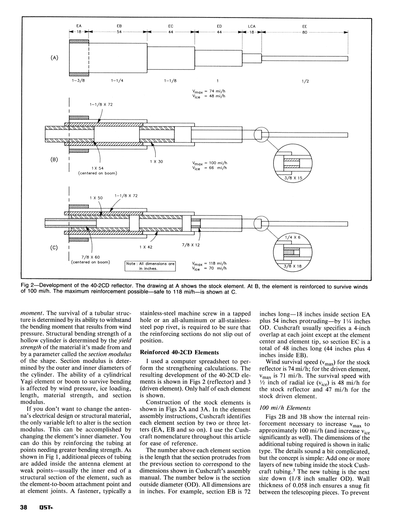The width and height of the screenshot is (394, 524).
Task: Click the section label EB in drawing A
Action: pyautogui.click(x=119, y=26)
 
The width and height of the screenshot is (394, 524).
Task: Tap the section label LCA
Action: pyautogui.click(x=252, y=26)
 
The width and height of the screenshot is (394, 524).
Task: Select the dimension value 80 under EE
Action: pyautogui.click(x=304, y=32)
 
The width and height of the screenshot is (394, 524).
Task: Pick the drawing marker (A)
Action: pyautogui.click(x=54, y=58)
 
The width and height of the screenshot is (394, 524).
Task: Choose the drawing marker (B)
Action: pyautogui.click(x=54, y=159)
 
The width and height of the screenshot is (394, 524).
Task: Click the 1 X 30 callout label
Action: pyautogui.click(x=156, y=162)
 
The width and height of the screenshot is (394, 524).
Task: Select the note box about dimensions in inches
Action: pyautogui.click(x=150, y=266)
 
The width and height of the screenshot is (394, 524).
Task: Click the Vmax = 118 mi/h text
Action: pyautogui.click(x=209, y=263)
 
